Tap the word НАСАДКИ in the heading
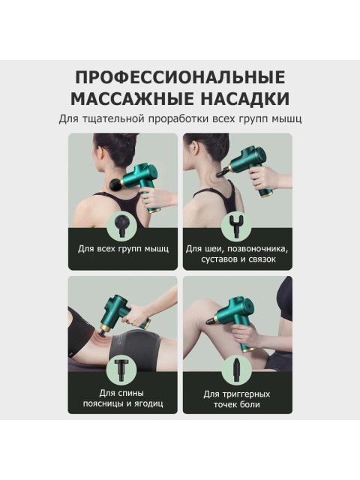238,99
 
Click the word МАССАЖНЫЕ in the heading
124,99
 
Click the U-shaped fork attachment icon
238,223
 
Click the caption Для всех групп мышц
124,248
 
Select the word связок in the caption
259,259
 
